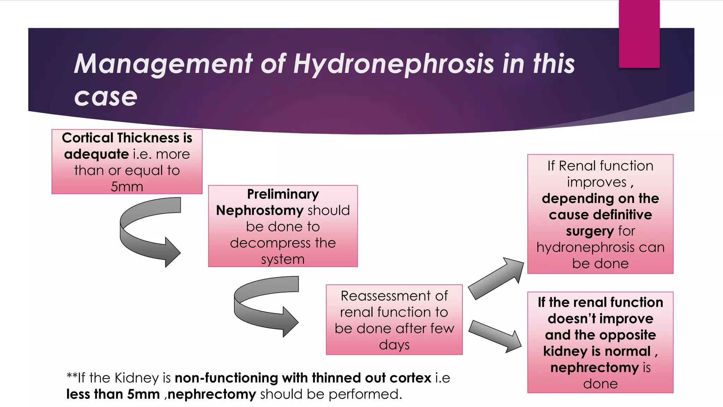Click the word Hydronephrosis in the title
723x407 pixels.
393,64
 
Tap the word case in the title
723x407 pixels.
106,97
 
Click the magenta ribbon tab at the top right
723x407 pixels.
639,34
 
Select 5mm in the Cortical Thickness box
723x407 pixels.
127,187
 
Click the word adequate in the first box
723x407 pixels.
96,154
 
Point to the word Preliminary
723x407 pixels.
283,194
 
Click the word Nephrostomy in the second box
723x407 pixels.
259,211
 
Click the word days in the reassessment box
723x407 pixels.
394,345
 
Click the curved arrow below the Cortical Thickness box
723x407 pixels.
148,231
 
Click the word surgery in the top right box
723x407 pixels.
590,231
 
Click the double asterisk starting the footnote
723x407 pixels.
72,376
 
